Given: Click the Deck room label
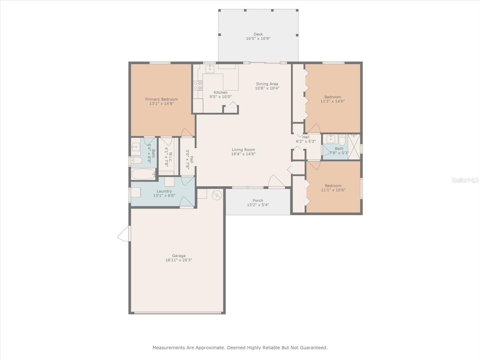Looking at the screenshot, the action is click(258, 34).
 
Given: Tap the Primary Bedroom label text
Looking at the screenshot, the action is click(161, 99).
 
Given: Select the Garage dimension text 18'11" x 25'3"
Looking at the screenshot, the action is click(179, 260).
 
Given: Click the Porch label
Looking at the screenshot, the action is click(258, 200).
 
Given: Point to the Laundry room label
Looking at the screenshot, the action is click(164, 191).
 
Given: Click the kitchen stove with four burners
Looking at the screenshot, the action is click(198, 85).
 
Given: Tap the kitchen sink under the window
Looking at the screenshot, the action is click(210, 69).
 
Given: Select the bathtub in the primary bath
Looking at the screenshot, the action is click(143, 174).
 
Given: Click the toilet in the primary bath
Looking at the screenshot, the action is click(136, 160).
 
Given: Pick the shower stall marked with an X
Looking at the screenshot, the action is click(354, 147).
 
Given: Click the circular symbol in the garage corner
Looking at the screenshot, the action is click(217, 195).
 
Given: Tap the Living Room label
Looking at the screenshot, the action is click(243, 150).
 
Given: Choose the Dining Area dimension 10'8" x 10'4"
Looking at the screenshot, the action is click(267, 88).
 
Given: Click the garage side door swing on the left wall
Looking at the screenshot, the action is click(124, 234).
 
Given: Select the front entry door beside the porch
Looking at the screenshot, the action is click(277, 181).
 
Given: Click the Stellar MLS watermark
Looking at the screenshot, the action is click(465, 180).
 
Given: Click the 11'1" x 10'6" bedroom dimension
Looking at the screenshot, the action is click(333, 190).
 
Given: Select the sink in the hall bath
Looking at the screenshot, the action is click(330, 139).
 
